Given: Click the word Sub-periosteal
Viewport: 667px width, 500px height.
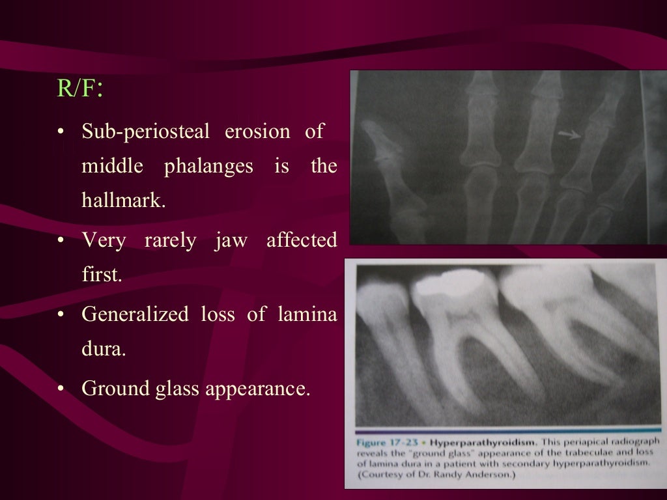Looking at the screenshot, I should [x=145, y=132].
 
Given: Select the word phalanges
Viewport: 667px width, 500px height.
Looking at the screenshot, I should [x=208, y=166].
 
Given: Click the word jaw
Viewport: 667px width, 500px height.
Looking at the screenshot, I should [x=231, y=241].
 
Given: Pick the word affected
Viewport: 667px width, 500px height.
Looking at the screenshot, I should [x=302, y=241].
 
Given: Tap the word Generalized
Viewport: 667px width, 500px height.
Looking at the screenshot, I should [x=135, y=314].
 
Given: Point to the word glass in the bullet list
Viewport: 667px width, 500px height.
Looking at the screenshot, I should [x=176, y=389].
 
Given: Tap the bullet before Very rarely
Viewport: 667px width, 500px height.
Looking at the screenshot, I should [x=61, y=242].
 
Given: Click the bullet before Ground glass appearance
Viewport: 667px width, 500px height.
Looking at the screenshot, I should [x=61, y=389].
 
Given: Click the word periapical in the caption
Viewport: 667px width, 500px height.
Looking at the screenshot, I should [x=586, y=440].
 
